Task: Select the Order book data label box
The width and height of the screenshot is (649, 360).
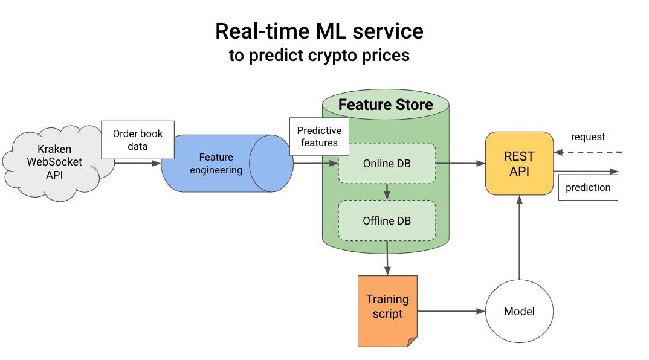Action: click(x=138, y=140)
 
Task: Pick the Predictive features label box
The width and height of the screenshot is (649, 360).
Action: click(x=318, y=137)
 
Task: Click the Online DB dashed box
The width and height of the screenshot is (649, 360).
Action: click(x=386, y=163)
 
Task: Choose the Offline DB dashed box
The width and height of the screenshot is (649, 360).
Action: click(x=386, y=221)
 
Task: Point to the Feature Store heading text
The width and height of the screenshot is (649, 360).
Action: click(x=386, y=104)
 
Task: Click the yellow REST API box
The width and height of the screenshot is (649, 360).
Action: click(x=519, y=164)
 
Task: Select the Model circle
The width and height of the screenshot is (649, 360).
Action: click(x=519, y=312)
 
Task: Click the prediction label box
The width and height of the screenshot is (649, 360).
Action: click(x=587, y=187)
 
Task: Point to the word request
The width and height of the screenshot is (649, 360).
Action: click(x=587, y=137)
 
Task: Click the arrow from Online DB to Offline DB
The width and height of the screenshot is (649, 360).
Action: click(x=386, y=192)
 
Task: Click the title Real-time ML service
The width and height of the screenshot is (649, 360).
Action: click(x=319, y=31)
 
